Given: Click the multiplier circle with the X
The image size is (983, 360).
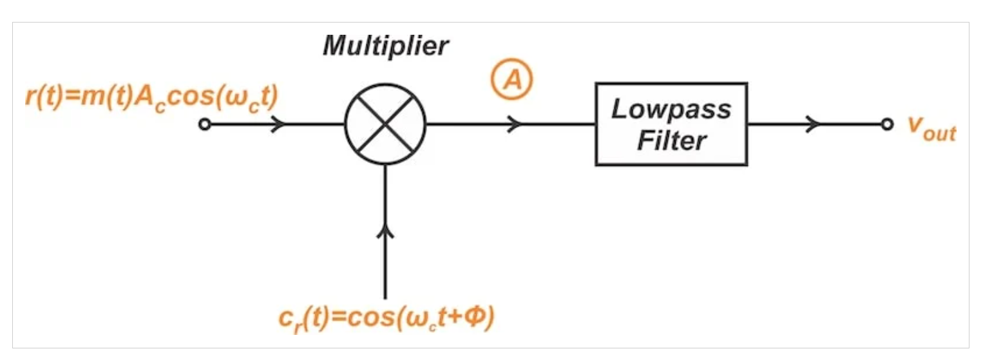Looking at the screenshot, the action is tap(385, 124).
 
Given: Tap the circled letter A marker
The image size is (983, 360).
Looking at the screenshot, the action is tap(511, 79).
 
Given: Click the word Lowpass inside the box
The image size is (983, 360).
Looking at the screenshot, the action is tap(671, 109).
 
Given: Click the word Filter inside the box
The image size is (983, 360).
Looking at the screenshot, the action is tap(671, 141).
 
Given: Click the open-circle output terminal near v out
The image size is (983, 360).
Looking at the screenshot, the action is tap(887, 124).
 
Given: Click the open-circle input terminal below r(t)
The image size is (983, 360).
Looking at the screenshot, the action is tap(204, 124).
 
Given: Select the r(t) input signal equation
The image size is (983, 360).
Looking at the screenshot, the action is tap(152, 99).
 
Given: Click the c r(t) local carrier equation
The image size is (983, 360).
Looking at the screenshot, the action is tap(387, 319).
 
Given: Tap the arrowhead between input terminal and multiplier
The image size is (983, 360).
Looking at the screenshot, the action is tap(279, 124).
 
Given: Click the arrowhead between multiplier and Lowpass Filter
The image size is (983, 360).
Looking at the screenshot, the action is tap(514, 124).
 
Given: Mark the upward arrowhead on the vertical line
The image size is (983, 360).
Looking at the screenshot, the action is tap(385, 232).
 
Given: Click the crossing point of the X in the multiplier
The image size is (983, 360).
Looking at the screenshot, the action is tap(385, 124).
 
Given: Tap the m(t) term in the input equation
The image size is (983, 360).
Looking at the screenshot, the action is tap(107, 97).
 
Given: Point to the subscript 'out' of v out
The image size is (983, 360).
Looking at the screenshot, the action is tap(939, 134).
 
